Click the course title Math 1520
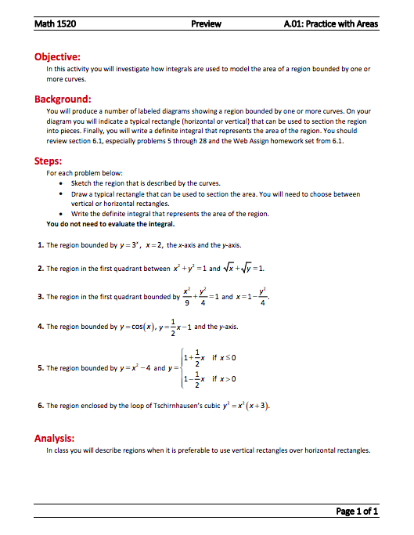[56, 23]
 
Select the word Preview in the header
[207, 23]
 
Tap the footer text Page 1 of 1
[357, 512]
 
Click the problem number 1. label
[40, 245]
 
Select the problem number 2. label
[40, 269]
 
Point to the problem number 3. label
[40, 297]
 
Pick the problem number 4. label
[40, 326]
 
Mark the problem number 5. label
[40, 367]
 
